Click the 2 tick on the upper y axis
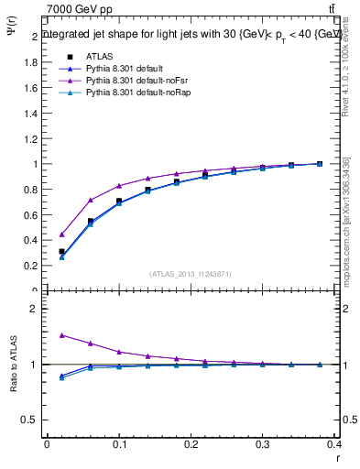[x=35, y=37]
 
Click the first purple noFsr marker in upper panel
[x=61, y=234]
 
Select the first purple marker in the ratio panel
[x=61, y=335]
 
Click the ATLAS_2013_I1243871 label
[x=191, y=274]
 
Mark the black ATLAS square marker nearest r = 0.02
[x=61, y=251]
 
